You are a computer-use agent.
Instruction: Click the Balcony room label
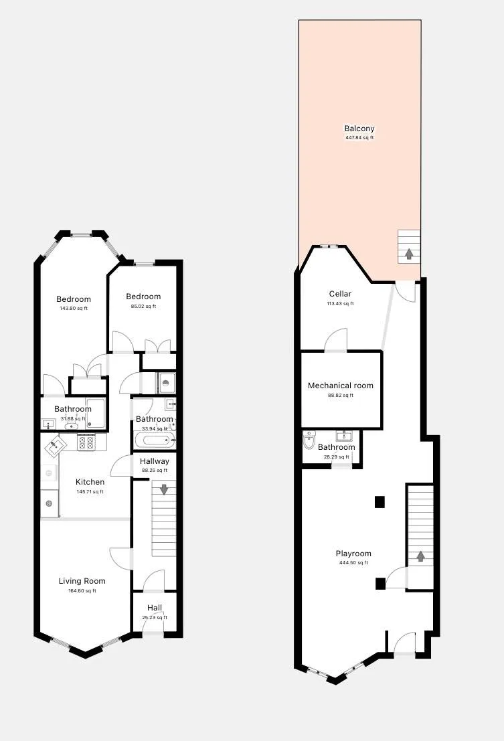coord(359,129)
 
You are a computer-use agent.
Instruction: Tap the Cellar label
coord(340,294)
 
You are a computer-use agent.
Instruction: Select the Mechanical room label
coord(341,386)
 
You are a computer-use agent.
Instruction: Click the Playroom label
coord(353,554)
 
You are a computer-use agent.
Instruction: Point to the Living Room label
coord(82,581)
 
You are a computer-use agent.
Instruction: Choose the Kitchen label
coord(90,482)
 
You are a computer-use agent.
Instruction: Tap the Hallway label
coord(155,461)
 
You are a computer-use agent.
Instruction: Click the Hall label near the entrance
coord(155,608)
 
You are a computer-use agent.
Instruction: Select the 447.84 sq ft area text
coord(359,138)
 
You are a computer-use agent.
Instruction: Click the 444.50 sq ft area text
coord(353,563)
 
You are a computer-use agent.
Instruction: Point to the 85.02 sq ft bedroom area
coord(143,307)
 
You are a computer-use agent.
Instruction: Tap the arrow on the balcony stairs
coord(409,254)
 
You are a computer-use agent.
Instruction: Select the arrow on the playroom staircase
coord(420,556)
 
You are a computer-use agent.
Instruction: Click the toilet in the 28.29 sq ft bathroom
coord(309,442)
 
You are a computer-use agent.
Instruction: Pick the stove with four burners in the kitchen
coord(86,442)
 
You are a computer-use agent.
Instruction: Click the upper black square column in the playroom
coord(380,501)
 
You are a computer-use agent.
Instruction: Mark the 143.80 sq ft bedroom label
coord(74,299)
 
